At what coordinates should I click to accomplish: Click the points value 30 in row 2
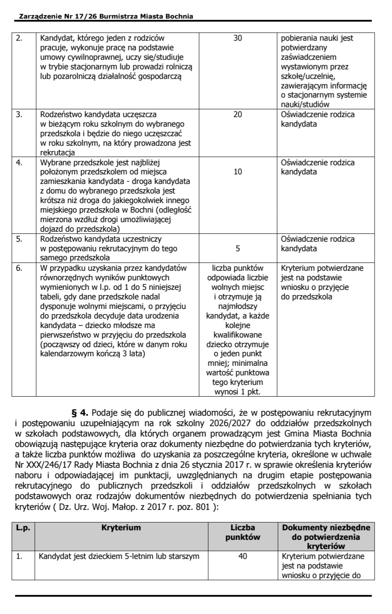(x=238, y=38)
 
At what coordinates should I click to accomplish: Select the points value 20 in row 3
(x=238, y=115)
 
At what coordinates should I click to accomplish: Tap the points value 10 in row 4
(x=238, y=172)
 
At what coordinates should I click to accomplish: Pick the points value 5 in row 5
(x=238, y=249)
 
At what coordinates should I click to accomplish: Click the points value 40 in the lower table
(x=243, y=556)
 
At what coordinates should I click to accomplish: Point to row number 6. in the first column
(x=19, y=268)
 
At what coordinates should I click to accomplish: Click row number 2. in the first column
(x=19, y=38)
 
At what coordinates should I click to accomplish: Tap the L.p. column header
(x=23, y=528)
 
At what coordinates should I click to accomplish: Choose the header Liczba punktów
(x=243, y=532)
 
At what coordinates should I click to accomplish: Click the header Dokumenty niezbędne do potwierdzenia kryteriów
(x=326, y=537)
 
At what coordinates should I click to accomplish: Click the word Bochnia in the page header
(x=179, y=16)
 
